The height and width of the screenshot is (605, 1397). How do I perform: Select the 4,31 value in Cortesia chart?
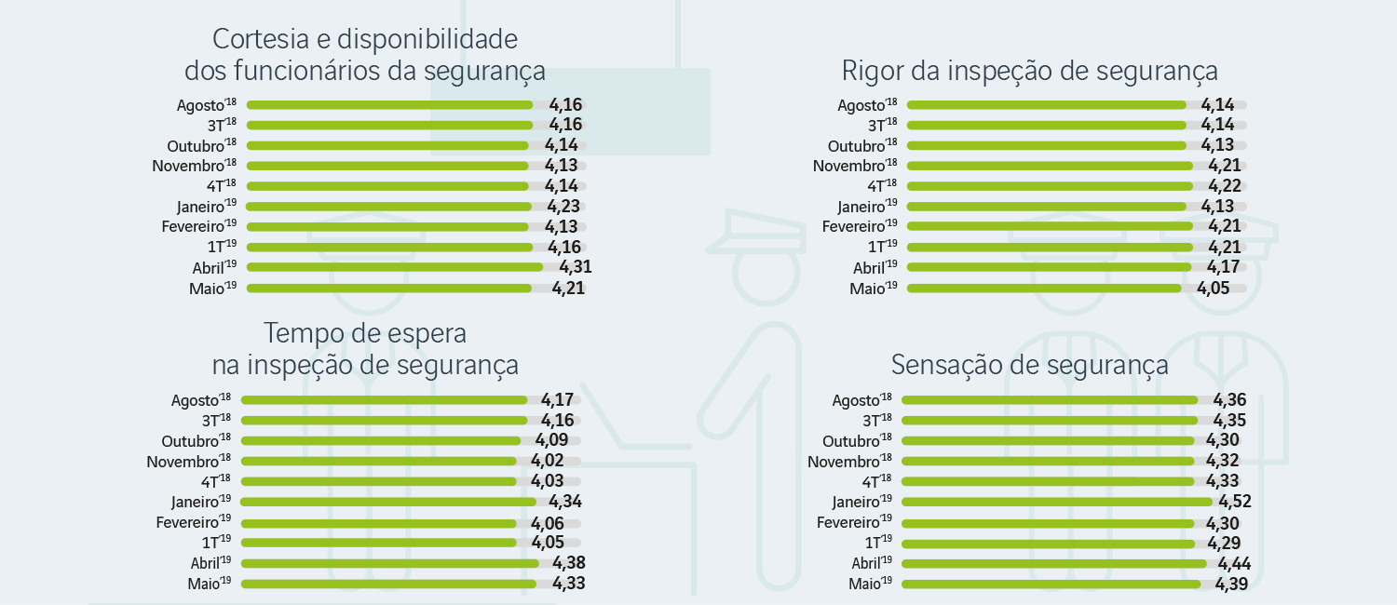576,267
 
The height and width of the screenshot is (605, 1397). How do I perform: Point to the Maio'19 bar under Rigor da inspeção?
1044,289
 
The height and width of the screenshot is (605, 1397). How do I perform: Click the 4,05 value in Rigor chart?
1214,289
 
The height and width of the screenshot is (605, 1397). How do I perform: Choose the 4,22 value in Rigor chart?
1225,186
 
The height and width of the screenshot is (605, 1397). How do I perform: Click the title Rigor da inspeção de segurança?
1029,72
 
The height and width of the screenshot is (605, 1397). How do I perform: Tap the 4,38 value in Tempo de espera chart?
568,563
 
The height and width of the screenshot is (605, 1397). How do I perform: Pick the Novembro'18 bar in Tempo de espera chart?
378,461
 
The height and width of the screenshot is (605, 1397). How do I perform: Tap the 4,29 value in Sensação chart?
1223,543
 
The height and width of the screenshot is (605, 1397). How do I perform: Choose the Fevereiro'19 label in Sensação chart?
854,522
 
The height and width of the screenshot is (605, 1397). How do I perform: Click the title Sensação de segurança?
1029,364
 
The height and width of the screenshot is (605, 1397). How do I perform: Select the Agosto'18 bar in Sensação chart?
1050,400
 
